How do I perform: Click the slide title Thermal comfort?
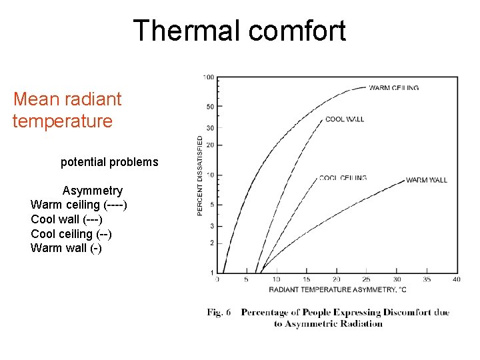[x=239, y=31]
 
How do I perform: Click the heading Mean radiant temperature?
[x=67, y=110]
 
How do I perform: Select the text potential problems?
[x=109, y=162]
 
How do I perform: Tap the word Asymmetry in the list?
[x=92, y=191]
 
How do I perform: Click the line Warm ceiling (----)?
[x=79, y=205]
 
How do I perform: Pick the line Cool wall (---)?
[x=67, y=219]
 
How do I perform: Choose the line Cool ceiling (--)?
[x=71, y=234]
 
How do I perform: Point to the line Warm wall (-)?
[x=66, y=249]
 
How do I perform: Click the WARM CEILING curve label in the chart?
[x=394, y=87]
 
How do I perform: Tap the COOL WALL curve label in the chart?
[x=344, y=119]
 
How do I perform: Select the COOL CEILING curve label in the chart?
[x=343, y=178]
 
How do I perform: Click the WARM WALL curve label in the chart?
[x=426, y=180]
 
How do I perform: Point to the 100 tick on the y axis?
[x=208, y=77]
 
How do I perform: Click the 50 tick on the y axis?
[x=209, y=107]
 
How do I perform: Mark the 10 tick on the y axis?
[x=209, y=175]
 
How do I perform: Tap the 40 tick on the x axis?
[x=456, y=279]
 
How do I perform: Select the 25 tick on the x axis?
[x=366, y=279]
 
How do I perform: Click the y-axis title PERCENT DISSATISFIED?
[x=200, y=175]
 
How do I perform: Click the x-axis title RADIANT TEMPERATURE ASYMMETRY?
[x=337, y=289]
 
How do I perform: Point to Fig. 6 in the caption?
[x=218, y=313]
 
